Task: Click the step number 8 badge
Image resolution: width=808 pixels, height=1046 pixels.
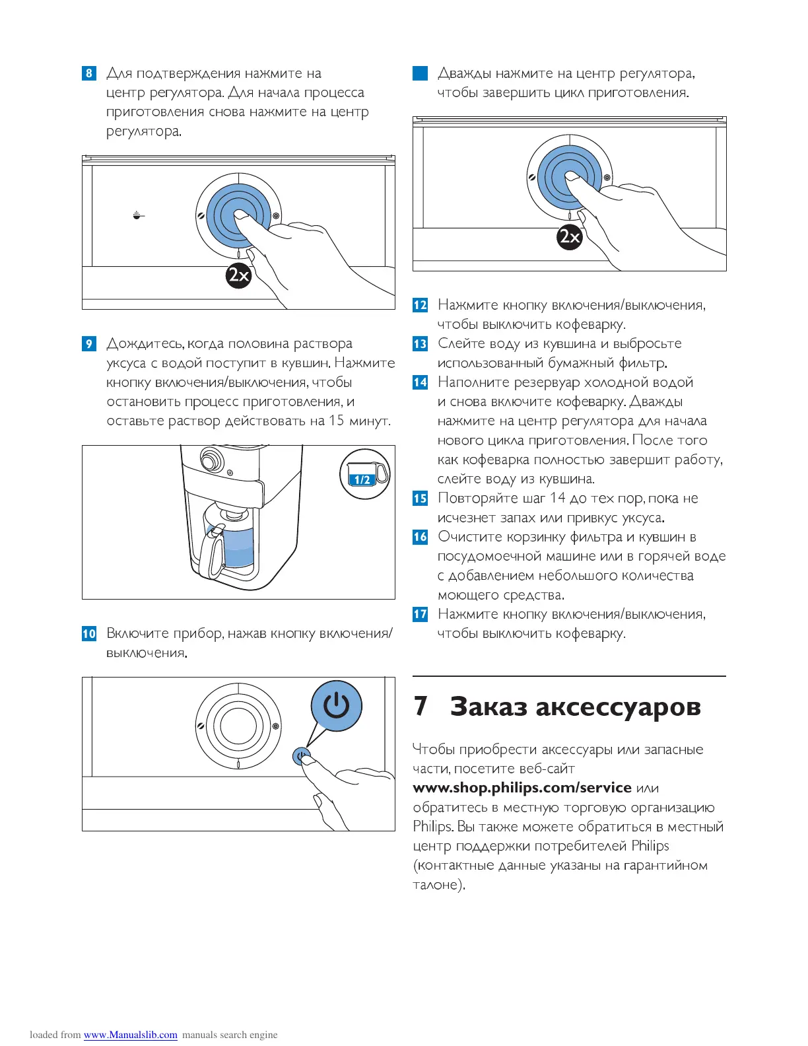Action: point(89,73)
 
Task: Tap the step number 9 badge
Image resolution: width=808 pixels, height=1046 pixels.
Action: point(89,343)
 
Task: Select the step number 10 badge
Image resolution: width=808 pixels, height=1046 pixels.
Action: point(89,633)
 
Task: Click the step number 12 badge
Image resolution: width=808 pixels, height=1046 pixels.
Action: point(420,305)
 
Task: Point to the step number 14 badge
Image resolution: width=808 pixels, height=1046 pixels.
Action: point(420,382)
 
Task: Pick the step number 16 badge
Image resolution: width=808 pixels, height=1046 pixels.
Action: point(420,537)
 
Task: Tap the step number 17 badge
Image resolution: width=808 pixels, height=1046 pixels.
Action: point(420,614)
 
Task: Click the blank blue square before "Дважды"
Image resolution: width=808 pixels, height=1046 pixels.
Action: point(420,73)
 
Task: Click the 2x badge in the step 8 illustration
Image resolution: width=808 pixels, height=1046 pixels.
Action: point(238,275)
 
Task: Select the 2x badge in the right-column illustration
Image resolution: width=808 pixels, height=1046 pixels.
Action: point(569,236)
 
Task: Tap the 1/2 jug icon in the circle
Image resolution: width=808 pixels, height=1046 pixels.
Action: point(364,473)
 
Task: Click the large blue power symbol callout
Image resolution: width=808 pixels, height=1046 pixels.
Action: point(337,706)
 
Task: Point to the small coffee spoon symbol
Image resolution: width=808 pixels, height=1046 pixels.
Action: point(137,215)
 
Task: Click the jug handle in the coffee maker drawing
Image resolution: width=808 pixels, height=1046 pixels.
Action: point(214,551)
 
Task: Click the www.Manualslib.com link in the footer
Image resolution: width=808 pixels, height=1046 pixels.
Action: point(130,1035)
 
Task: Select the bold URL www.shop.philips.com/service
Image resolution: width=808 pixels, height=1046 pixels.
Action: point(522,788)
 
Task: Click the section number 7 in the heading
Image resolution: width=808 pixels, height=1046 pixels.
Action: point(421,706)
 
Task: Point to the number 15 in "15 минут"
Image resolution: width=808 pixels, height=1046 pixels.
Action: point(337,421)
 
